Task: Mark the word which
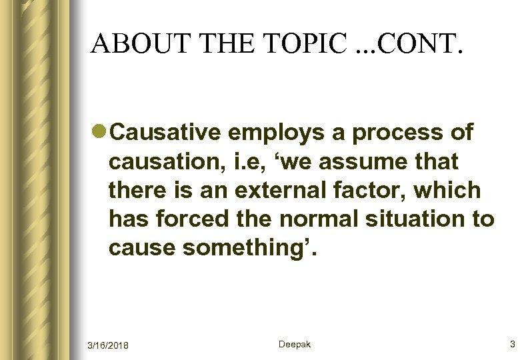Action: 447,190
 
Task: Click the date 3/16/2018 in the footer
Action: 108,345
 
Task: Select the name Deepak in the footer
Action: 294,344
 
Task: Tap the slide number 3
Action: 512,344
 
